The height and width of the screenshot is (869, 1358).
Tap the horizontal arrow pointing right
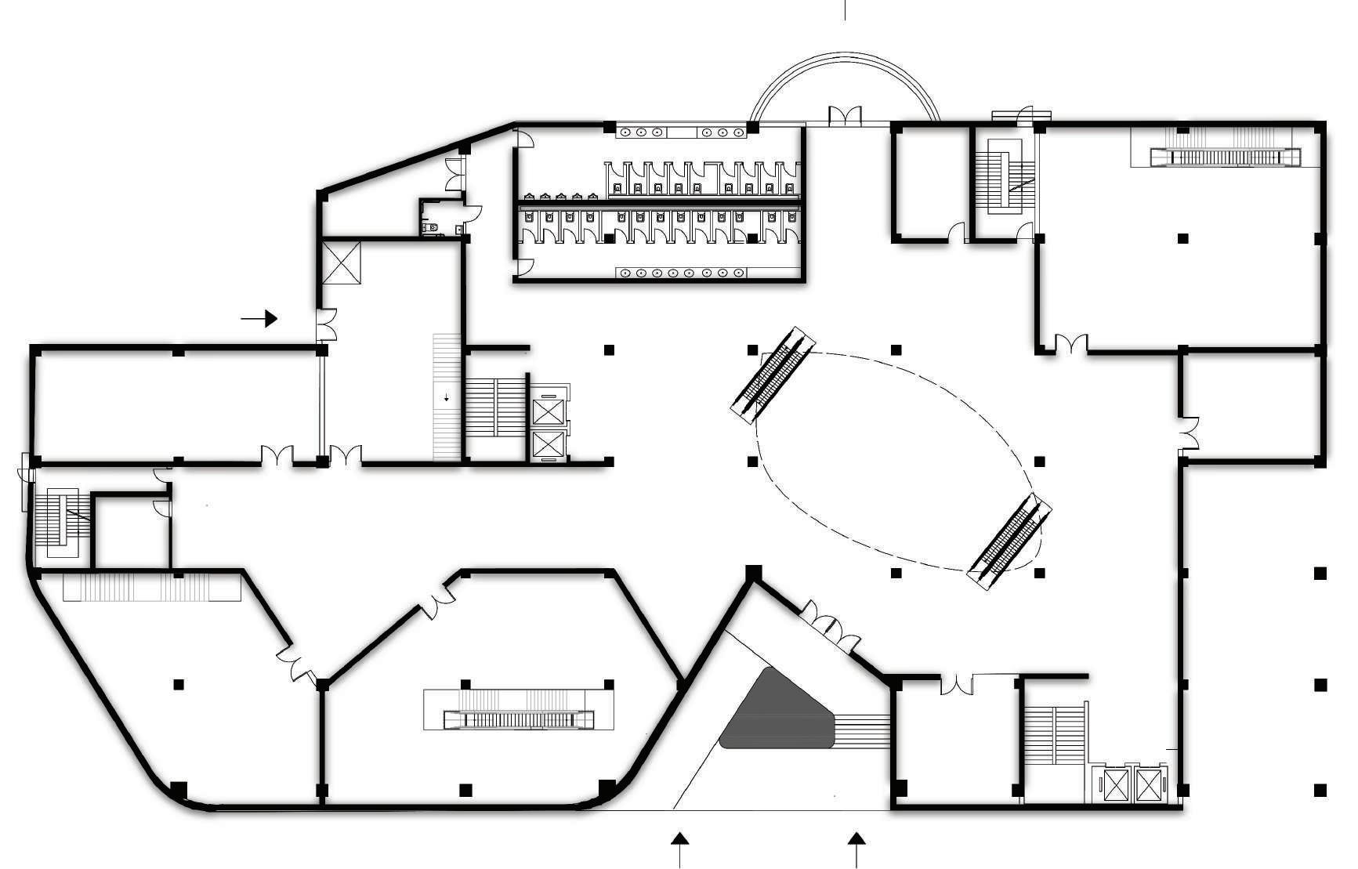[x=259, y=318]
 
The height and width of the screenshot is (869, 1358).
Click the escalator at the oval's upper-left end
[x=773, y=375]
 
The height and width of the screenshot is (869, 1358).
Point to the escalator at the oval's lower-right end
[x=1009, y=541]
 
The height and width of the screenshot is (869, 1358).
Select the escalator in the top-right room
[x=1226, y=156]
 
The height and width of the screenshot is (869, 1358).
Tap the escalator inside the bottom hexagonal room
[x=518, y=719]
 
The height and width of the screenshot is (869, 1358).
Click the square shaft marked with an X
[x=342, y=263]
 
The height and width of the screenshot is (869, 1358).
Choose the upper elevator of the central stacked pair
[x=548, y=411]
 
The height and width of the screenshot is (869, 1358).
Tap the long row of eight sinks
[x=680, y=273]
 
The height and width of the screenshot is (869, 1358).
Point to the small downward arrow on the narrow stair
[x=447, y=397]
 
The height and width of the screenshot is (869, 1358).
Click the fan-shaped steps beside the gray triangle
[x=865, y=730]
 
